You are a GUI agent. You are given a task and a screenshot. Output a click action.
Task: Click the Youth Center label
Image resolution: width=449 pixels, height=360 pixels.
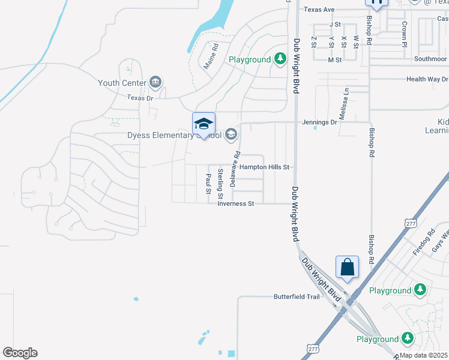point(122,83)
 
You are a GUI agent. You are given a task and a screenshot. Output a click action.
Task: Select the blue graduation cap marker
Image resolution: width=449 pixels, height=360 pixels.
point(203,124)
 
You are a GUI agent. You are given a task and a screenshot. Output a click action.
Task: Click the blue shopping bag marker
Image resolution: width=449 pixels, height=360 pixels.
point(348,267)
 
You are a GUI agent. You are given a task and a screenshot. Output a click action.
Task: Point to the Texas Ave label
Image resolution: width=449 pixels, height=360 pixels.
point(319,10)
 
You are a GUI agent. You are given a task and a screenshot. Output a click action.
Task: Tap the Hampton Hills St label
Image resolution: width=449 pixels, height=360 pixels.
point(265,167)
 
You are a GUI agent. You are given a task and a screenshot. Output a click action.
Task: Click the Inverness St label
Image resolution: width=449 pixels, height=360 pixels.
point(236,204)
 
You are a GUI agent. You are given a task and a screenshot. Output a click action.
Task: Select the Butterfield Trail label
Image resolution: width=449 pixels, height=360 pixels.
point(297,296)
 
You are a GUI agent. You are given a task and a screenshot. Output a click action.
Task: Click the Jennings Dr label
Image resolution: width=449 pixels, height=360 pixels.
point(324,122)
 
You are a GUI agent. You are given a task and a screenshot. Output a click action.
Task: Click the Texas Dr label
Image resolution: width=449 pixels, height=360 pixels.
point(140,98)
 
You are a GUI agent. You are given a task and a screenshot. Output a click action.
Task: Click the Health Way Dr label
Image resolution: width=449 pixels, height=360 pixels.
point(427,79)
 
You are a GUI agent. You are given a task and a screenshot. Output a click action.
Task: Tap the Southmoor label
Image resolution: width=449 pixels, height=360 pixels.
point(430,59)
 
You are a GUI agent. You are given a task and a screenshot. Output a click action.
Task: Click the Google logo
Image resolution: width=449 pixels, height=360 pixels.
point(20,353)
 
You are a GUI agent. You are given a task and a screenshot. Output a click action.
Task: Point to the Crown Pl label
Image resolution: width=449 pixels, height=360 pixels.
point(405,31)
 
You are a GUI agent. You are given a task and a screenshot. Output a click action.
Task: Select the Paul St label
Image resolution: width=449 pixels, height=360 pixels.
point(208,184)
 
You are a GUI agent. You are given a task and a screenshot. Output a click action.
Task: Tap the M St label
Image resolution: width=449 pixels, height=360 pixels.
point(334,60)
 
